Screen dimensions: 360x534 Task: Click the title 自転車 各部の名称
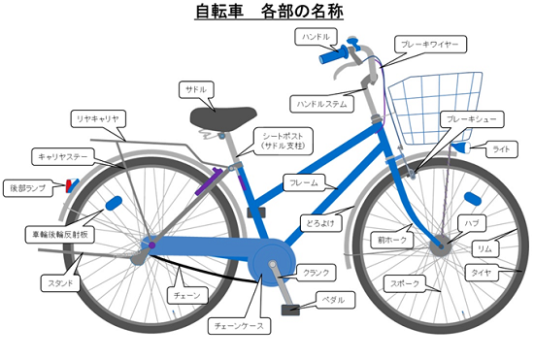[x=268, y=13]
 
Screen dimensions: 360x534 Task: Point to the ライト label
[x=501, y=148]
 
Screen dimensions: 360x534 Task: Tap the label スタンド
[x=55, y=283]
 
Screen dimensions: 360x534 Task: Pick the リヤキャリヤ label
[x=97, y=118]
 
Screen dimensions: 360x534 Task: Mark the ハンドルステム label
[x=317, y=101]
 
